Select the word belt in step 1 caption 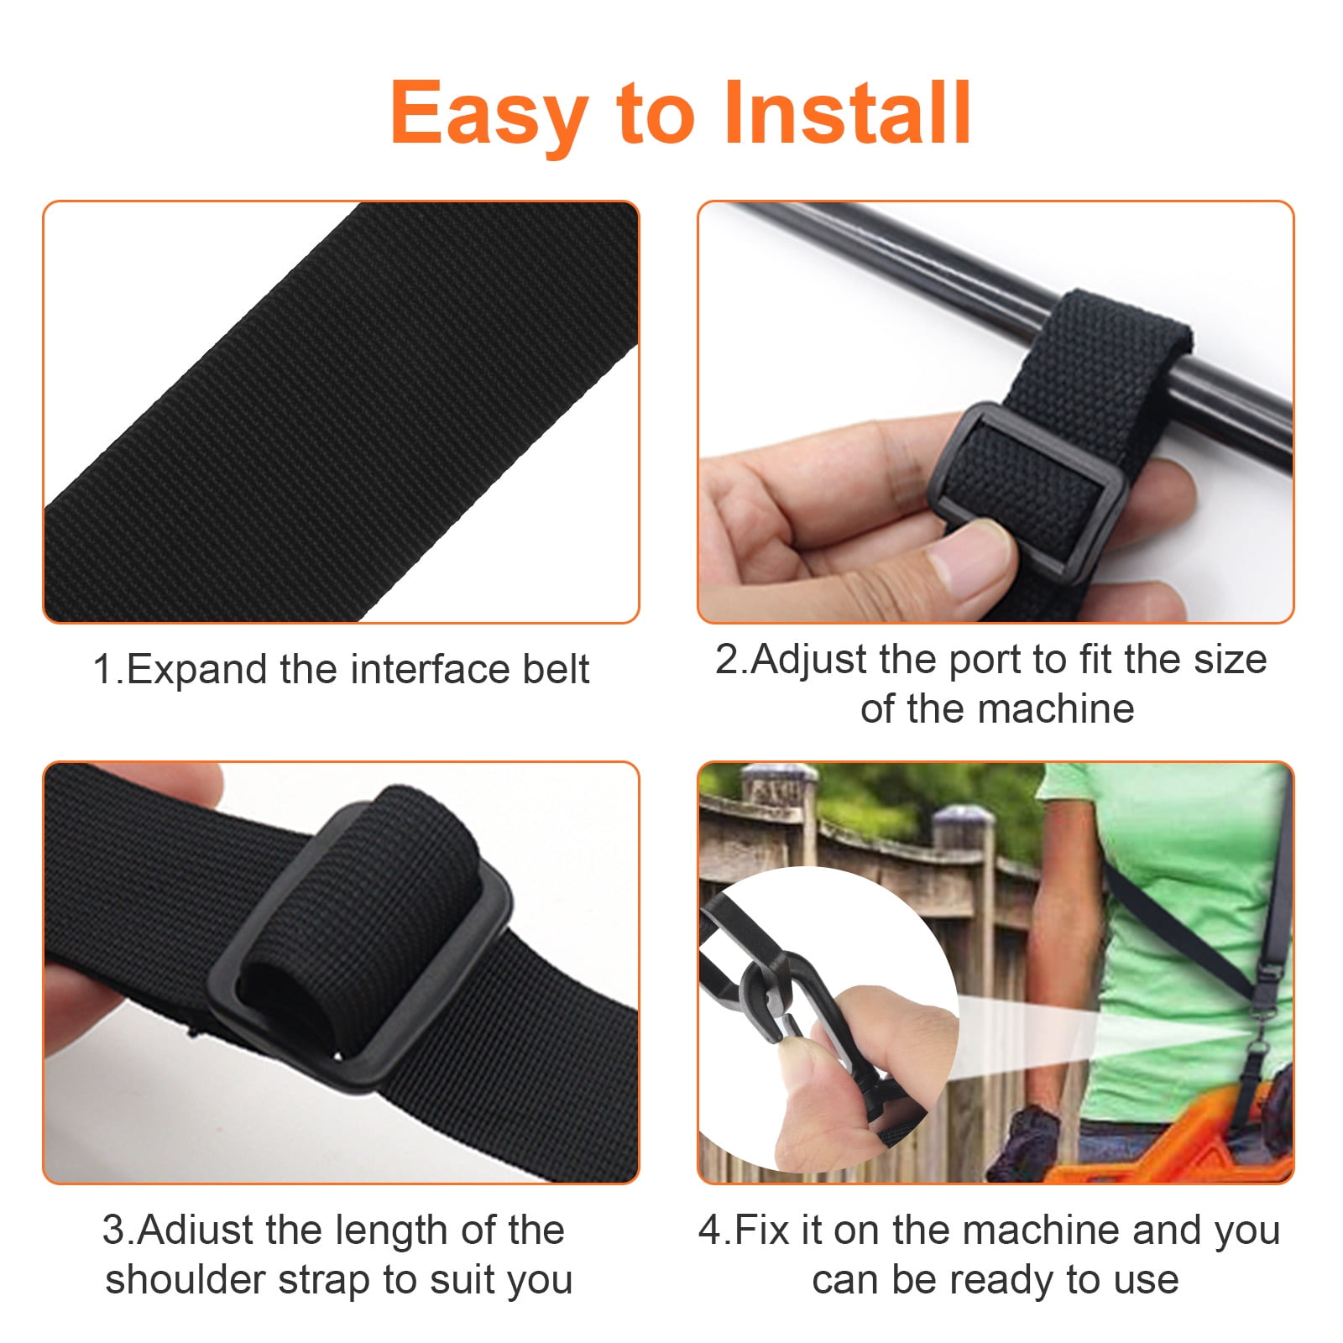(556, 669)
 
